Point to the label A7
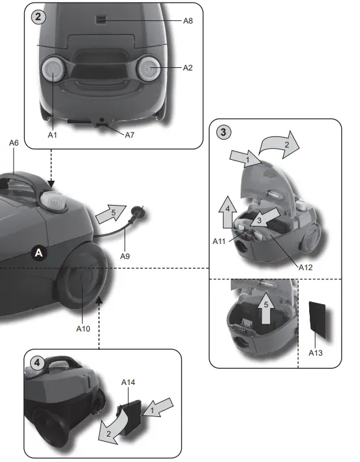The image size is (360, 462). [130, 134]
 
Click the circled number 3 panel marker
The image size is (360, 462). [224, 132]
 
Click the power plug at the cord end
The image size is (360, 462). [139, 212]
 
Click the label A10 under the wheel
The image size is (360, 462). [82, 328]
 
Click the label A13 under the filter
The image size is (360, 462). [316, 352]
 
